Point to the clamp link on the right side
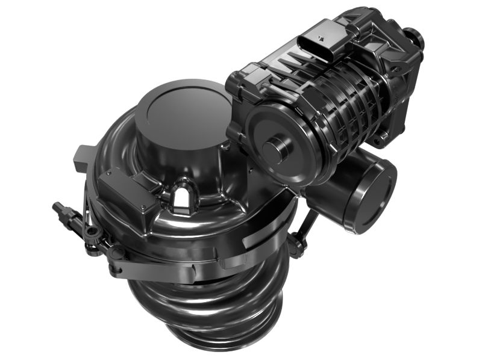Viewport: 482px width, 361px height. coord(305,229)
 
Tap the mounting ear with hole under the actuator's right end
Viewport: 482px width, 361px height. coord(380,142)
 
